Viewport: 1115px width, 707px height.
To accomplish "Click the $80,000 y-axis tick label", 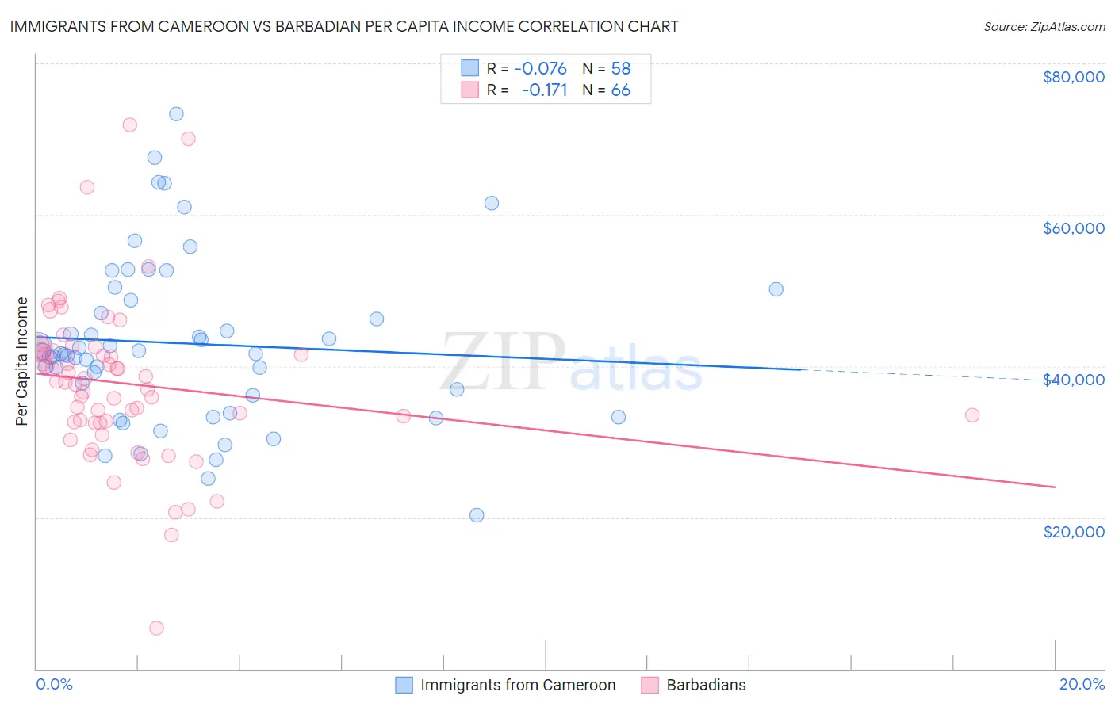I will coord(1073,77).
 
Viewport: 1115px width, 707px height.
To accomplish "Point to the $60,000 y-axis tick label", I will coord(1073,228).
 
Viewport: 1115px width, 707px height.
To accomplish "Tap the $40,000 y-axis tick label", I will coord(1073,380).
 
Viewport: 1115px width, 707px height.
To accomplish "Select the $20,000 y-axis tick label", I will coord(1073,531).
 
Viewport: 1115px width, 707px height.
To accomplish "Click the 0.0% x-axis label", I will coord(54,684).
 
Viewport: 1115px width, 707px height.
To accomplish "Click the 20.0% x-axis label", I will coord(1082,684).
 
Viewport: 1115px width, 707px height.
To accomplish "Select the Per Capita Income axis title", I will coord(22,361).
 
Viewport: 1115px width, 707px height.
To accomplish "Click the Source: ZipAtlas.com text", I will coord(1044,26).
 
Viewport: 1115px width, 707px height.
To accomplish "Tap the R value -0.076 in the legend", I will coord(540,68).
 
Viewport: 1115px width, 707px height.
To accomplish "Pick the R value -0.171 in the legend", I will coord(544,90).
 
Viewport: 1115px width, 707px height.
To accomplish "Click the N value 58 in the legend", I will coord(620,68).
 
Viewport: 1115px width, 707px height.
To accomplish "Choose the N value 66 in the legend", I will coord(620,90).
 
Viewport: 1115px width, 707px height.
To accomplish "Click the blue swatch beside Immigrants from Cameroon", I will coord(404,685).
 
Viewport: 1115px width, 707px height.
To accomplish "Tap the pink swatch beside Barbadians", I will coord(650,685).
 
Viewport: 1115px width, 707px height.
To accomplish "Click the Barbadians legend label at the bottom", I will coord(706,685).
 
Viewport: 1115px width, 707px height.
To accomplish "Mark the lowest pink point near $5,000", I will coord(156,628).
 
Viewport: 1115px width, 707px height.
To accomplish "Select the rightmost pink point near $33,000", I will coord(972,415).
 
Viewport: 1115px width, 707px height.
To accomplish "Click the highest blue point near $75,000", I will coord(176,114).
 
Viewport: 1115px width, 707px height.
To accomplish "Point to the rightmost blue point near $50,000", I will coord(776,289).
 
